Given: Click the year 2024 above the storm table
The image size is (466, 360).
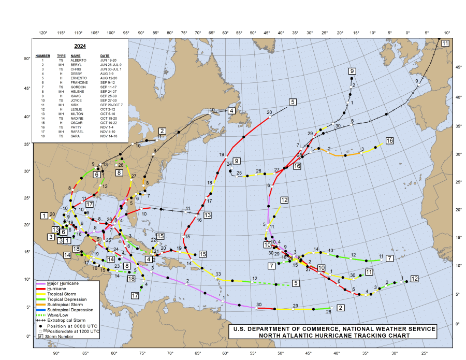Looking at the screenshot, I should [80, 46].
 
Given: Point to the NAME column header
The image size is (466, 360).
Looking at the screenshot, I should [76, 55].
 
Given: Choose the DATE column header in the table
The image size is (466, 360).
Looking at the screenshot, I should [105, 55].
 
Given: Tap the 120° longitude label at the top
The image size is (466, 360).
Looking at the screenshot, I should [43, 33].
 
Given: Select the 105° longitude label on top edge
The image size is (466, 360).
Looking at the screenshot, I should [95, 33].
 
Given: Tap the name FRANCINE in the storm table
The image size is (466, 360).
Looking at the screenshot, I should [79, 82].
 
